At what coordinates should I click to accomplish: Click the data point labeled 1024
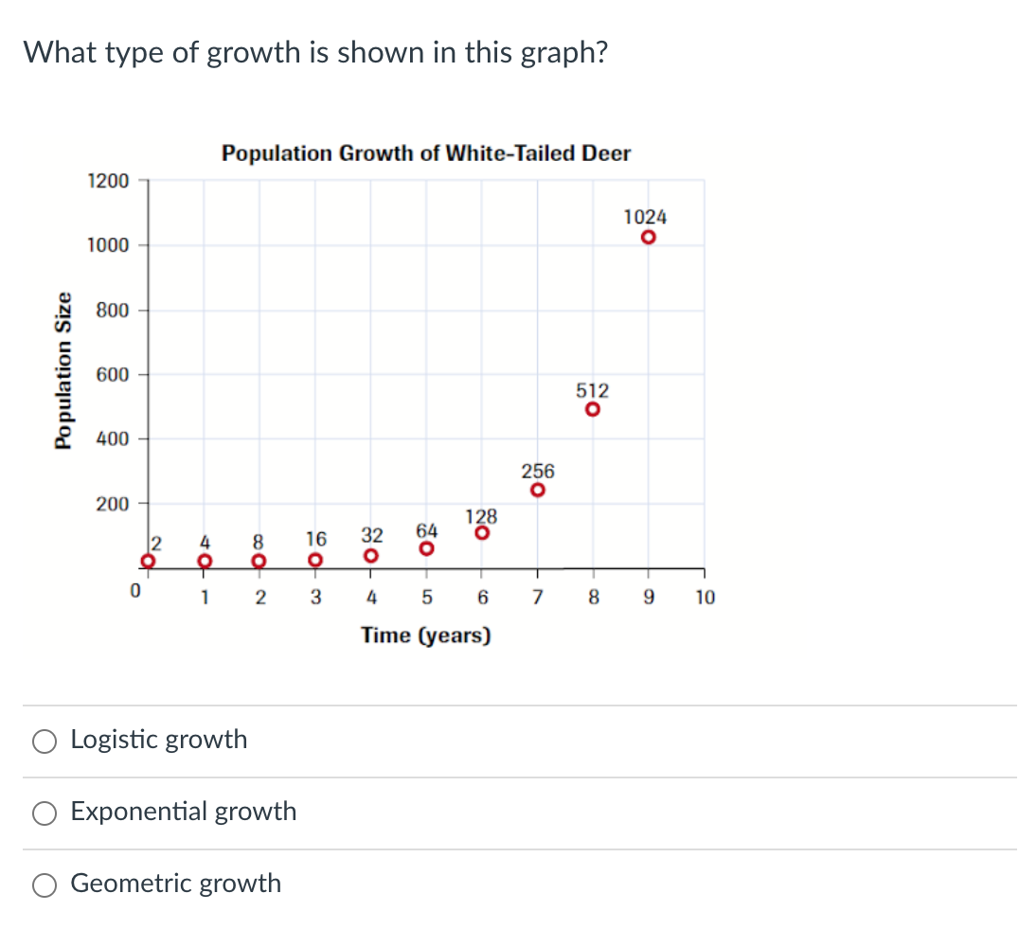point(648,237)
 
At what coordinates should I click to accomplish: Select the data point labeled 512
point(593,410)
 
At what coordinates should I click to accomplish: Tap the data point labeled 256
point(538,491)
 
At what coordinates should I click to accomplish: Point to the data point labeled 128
point(482,533)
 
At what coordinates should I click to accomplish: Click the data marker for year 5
point(427,548)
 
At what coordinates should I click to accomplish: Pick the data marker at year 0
point(148,561)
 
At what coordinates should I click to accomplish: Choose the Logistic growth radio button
point(44,741)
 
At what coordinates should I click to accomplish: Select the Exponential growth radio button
point(44,813)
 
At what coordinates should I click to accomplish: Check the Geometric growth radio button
point(44,884)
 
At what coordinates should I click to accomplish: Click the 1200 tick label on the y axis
point(108,180)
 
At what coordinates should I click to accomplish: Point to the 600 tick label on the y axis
point(112,375)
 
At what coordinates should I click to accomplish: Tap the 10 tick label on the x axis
point(706,598)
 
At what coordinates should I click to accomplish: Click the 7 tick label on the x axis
point(538,598)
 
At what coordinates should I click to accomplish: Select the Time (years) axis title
point(426,635)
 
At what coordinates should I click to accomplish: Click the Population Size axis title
point(63,369)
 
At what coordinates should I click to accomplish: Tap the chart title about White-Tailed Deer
point(426,153)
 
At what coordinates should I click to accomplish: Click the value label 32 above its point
point(372,535)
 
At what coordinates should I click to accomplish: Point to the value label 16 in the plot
point(316,539)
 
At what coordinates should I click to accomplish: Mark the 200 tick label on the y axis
point(112,504)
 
